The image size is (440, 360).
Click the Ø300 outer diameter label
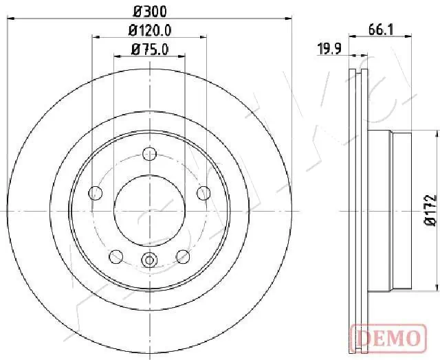pos(150,12)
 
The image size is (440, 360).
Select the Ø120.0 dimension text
pos(150,30)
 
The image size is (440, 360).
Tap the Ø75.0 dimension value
pos(150,49)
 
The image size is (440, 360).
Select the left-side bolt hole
pos(96,194)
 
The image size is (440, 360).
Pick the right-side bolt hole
pos(203,194)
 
